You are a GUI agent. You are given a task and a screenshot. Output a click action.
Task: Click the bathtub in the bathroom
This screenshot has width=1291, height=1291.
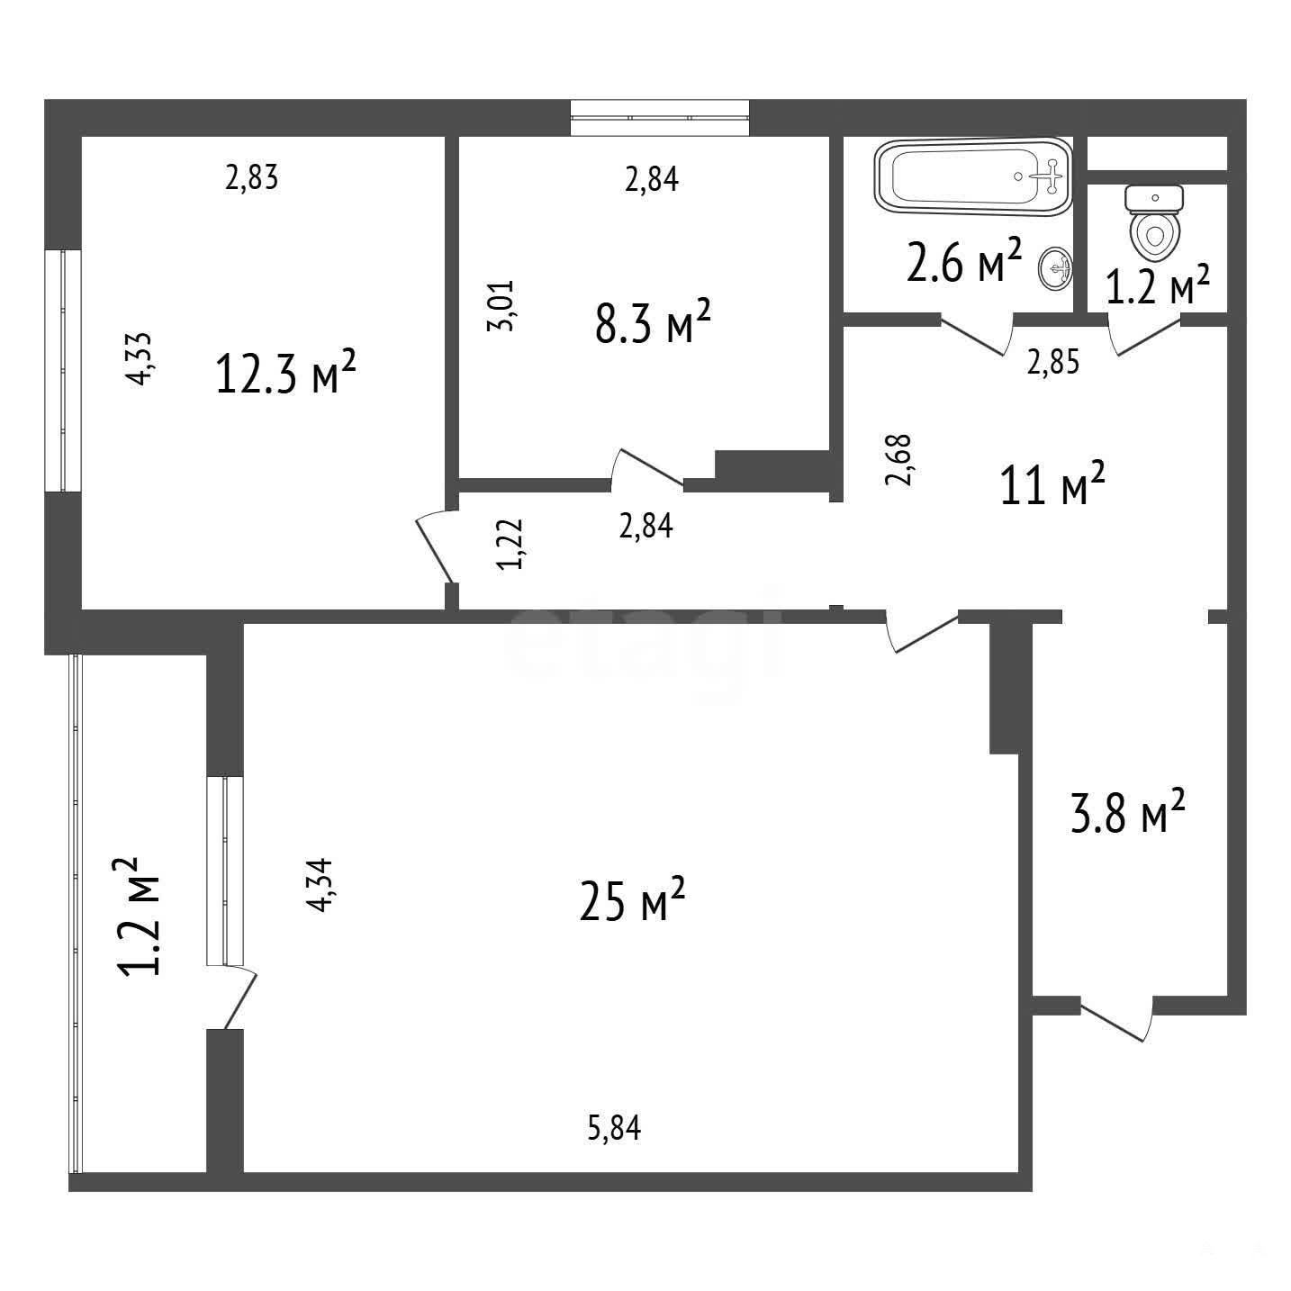973,177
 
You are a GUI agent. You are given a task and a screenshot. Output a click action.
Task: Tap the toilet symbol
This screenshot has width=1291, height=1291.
1154,224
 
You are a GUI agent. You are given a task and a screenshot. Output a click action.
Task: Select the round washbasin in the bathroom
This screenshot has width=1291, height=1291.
1055,269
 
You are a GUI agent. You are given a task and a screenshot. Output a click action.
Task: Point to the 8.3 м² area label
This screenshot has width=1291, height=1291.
653,321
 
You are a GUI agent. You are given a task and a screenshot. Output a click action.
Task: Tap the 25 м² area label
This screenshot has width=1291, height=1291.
632,899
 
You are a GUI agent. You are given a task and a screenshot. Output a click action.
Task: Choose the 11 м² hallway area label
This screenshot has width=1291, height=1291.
1052,483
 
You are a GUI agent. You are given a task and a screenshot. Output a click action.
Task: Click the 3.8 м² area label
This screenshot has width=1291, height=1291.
1129,810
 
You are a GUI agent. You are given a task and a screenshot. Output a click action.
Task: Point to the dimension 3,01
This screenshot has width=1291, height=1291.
500,305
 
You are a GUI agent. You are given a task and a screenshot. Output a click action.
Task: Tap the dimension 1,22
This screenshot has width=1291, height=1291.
510,544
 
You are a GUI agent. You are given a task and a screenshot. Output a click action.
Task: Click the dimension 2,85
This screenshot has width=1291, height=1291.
1053,363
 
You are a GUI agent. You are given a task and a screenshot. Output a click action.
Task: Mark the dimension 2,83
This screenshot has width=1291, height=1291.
251,178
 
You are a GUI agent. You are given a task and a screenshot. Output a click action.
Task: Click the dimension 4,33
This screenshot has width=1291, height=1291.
140,358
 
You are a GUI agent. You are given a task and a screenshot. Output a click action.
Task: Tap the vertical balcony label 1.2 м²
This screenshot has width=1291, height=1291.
139,916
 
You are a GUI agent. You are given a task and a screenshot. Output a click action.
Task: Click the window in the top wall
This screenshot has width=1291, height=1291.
660,118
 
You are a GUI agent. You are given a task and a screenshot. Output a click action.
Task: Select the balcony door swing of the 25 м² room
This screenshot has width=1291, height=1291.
239,998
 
